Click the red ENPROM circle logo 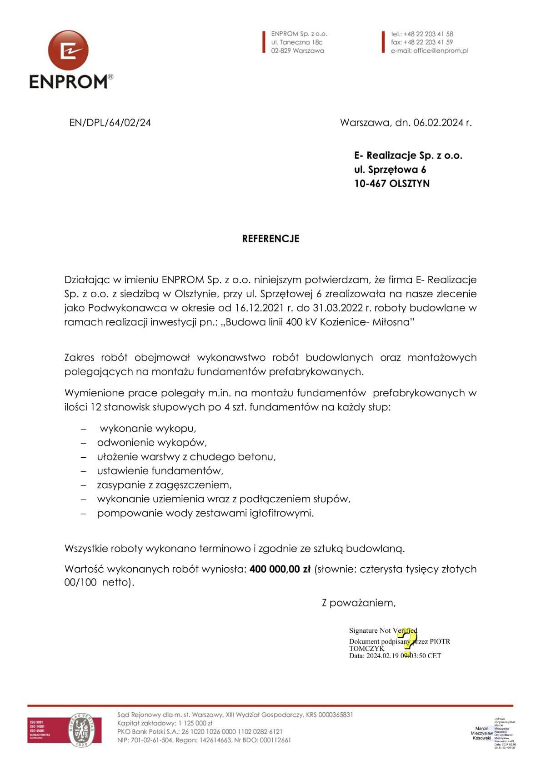68,50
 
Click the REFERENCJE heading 270,239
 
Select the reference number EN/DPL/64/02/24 110,123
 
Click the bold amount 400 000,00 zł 280,569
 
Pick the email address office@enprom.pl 441,51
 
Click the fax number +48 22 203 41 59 428,42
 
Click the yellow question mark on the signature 409,641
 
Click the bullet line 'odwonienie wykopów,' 152,443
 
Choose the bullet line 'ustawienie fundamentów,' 160,471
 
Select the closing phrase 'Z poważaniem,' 359,603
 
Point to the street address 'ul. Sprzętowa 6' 390,170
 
